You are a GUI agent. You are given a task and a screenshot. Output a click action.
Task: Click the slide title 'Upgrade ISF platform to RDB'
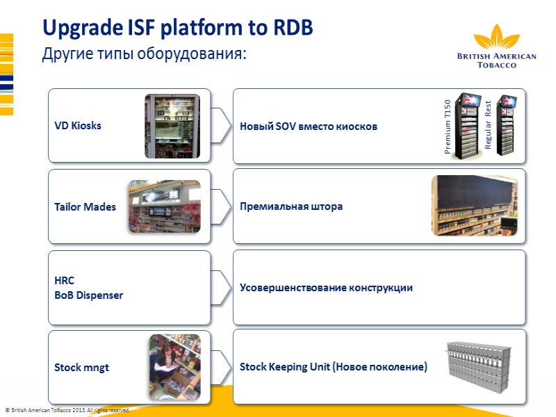point(177,28)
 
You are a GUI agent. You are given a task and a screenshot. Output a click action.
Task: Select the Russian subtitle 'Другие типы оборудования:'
point(145,54)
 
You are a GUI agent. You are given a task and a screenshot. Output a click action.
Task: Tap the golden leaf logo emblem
point(496,38)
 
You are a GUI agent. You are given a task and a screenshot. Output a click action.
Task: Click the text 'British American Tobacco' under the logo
point(496,60)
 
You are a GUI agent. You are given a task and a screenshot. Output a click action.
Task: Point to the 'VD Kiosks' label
point(78,126)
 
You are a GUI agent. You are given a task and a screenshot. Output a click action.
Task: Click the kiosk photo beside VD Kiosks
point(172,126)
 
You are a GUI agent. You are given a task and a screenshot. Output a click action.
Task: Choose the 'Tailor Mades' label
point(85,206)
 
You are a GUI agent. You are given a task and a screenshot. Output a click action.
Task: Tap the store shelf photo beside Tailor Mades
point(164,206)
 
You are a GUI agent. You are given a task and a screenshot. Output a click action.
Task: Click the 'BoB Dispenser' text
point(88,295)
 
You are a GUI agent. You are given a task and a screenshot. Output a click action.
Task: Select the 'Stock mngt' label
point(81,367)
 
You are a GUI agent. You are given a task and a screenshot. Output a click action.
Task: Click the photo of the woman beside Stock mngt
point(174,367)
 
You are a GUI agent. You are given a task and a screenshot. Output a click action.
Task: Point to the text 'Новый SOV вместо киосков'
point(308,126)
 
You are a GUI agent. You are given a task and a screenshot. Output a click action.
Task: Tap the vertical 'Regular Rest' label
point(489,125)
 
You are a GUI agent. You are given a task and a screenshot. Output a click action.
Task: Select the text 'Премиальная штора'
point(291,206)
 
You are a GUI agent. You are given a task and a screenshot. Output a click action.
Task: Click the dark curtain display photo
point(475,205)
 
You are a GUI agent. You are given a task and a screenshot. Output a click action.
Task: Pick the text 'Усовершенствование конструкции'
point(326,288)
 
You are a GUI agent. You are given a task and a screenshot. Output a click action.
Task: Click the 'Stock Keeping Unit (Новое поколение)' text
point(333,366)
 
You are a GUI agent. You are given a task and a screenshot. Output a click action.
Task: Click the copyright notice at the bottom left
point(67,411)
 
